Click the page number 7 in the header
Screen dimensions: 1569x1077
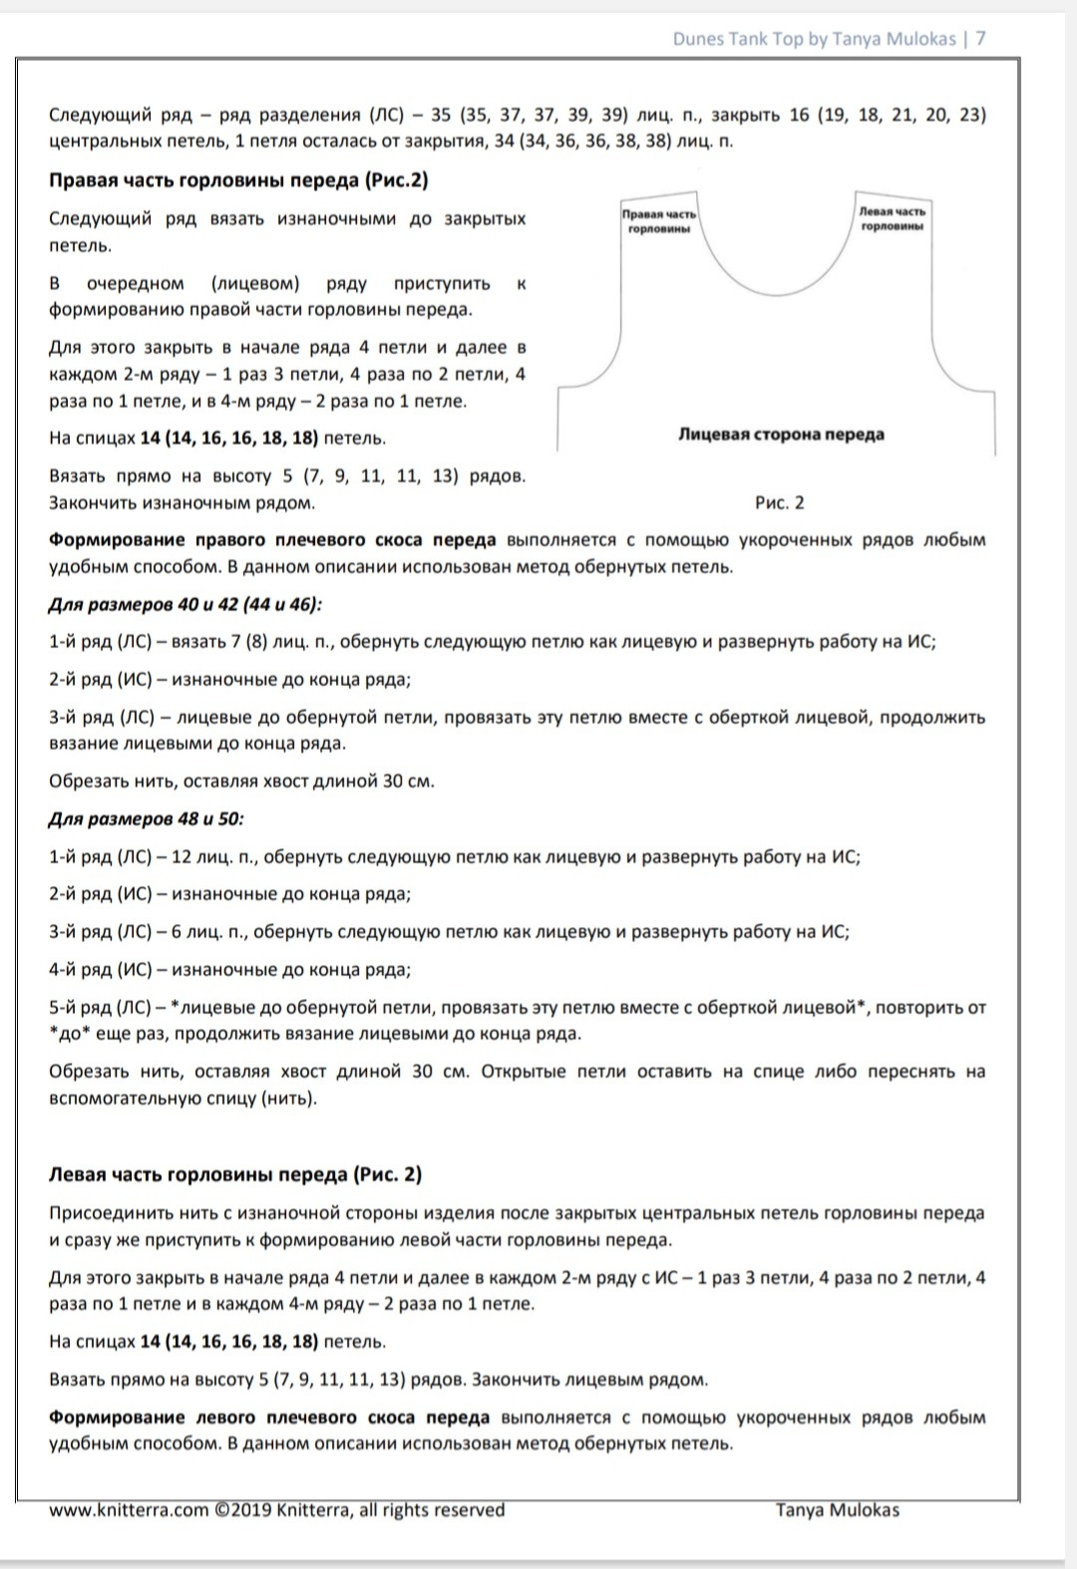(x=981, y=39)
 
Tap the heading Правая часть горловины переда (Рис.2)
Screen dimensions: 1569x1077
(x=238, y=180)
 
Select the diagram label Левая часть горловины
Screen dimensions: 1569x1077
(x=892, y=218)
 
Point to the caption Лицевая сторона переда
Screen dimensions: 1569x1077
(x=781, y=434)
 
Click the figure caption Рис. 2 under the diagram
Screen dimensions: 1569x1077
(x=780, y=502)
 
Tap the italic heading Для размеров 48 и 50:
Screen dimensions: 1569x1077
(x=146, y=818)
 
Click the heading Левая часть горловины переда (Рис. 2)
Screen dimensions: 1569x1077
(x=235, y=1174)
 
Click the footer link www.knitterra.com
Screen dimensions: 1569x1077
(x=129, y=1510)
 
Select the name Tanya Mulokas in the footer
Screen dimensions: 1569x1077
(x=838, y=1510)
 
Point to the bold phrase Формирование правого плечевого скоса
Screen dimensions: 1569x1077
(x=272, y=540)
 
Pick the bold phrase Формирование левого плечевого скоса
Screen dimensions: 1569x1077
(x=269, y=1417)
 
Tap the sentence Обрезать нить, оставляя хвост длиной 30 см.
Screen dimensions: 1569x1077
(x=241, y=781)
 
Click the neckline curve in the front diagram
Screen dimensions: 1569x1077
(x=777, y=289)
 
